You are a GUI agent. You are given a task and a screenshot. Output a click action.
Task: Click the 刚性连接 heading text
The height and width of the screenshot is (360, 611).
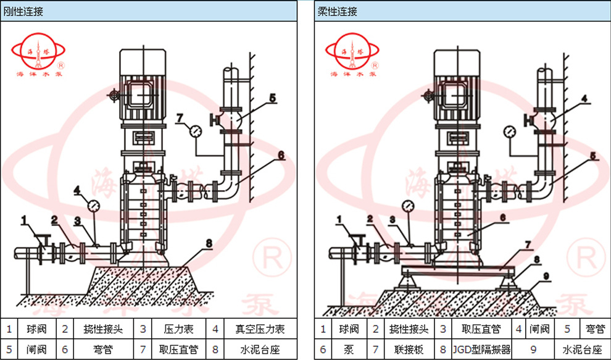tap(22, 11)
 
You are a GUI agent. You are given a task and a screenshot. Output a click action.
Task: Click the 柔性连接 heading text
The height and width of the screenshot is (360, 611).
tap(337, 11)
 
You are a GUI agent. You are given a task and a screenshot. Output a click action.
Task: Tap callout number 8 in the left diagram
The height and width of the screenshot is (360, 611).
tap(209, 243)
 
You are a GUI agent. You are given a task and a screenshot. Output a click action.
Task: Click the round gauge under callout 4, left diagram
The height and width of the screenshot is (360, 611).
tap(94, 205)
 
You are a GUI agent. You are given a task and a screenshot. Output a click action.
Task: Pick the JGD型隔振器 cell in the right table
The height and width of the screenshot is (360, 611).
tap(482, 350)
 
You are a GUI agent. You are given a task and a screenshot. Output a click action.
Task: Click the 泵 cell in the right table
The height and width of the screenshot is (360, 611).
tap(349, 350)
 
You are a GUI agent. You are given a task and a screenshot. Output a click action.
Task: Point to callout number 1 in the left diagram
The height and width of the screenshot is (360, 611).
tap(23, 219)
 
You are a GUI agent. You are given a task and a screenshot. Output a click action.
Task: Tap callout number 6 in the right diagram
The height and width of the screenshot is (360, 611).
tap(502, 217)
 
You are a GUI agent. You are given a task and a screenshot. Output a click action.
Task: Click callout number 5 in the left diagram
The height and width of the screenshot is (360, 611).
tap(272, 98)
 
